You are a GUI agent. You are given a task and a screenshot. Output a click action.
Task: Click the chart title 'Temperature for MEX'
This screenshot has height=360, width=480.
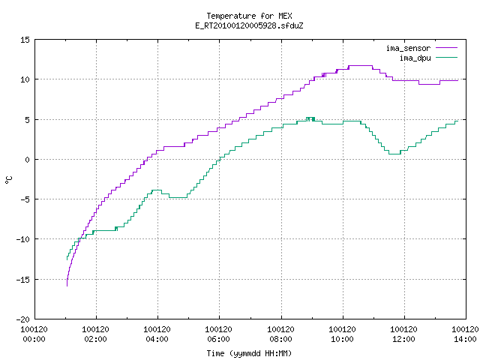[249, 16]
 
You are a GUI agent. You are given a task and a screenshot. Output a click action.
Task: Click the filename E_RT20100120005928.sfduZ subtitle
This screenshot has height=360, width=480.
[249, 25]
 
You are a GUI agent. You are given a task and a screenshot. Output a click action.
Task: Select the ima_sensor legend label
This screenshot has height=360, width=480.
[408, 48]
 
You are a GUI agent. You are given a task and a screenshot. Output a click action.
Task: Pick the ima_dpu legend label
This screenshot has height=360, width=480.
[415, 58]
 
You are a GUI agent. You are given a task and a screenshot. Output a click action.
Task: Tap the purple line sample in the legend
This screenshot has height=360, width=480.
[447, 48]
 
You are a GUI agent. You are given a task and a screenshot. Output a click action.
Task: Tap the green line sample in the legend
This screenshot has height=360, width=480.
[447, 58]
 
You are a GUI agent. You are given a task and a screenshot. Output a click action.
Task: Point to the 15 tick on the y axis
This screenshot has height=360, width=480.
[25, 40]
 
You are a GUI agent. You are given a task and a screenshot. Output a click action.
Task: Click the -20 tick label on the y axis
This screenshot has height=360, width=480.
[23, 319]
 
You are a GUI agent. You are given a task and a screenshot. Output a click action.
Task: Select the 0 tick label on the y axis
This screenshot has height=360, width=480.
[28, 160]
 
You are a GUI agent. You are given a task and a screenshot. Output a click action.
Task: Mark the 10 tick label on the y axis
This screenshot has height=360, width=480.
[25, 79]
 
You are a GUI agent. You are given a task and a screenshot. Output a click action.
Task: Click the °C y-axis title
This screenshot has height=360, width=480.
[8, 180]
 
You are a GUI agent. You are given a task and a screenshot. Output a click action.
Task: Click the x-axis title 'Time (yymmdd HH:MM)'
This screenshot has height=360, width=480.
[249, 353]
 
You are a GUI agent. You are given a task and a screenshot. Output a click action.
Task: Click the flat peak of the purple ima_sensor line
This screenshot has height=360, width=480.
[360, 65]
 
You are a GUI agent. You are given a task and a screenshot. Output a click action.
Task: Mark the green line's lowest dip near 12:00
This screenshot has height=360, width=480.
[394, 154]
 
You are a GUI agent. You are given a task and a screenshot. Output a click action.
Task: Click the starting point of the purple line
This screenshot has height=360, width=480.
[67, 286]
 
